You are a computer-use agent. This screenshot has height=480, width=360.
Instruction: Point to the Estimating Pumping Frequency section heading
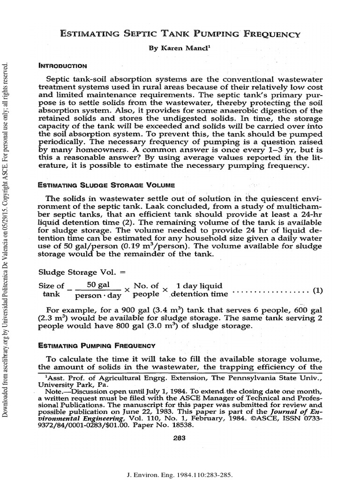click(97, 345)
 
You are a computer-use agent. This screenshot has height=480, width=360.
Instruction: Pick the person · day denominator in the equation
click(98, 295)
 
